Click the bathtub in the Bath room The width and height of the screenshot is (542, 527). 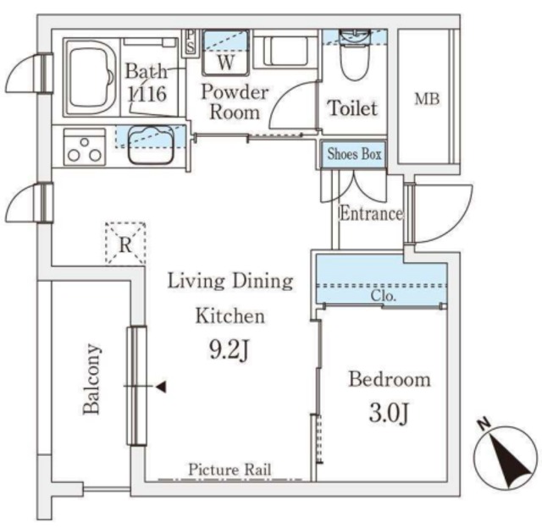pyautogui.click(x=91, y=78)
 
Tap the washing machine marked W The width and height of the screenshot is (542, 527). pyautogui.click(x=226, y=52)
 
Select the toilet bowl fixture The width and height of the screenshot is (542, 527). pyautogui.click(x=354, y=55)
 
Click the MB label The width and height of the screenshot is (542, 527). pyautogui.click(x=427, y=99)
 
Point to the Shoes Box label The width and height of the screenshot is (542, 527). pyautogui.click(x=354, y=154)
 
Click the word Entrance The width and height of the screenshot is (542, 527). pyautogui.click(x=371, y=213)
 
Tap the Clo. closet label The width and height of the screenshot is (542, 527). pyautogui.click(x=384, y=296)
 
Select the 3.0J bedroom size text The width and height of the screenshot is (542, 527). pyautogui.click(x=389, y=413)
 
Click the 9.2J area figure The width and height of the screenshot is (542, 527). pyautogui.click(x=230, y=350)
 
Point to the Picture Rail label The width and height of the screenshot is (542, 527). pyautogui.click(x=230, y=469)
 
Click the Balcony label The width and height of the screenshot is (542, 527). pyautogui.click(x=91, y=379)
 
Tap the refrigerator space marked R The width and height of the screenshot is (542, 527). pyautogui.click(x=125, y=244)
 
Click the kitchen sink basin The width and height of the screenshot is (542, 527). pyautogui.click(x=151, y=145)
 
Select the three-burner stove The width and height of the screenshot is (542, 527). pyautogui.click(x=85, y=147)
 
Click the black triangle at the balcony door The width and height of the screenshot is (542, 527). pyautogui.click(x=161, y=387)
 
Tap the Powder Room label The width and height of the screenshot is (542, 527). pyautogui.click(x=235, y=102)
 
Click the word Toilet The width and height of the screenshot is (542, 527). pyautogui.click(x=352, y=107)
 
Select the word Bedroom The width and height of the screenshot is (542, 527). pyautogui.click(x=390, y=379)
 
